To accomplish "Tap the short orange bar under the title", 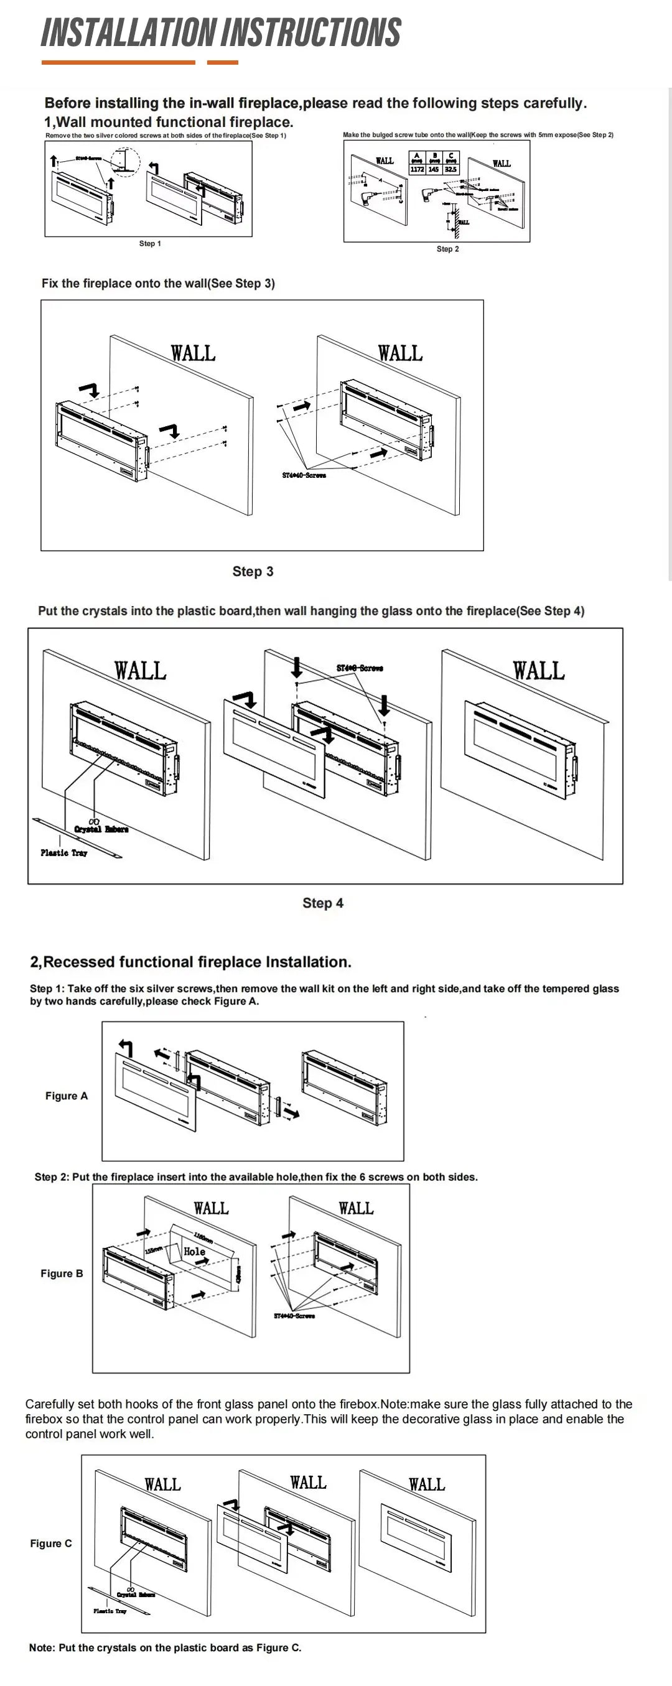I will (223, 63).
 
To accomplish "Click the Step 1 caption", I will (150, 243).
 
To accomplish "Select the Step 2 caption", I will (447, 249).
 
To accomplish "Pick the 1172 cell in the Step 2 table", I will (417, 169).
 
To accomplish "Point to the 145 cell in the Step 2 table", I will (433, 169).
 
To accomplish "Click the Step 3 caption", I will (253, 571).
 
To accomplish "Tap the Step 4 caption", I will (322, 903).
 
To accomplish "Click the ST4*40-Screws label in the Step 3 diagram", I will (304, 475).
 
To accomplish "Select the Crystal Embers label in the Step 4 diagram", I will (101, 829).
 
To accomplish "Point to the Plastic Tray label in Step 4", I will (63, 853).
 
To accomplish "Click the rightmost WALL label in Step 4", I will (538, 671).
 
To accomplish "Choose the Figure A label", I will (66, 1096).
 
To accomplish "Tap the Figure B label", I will (62, 1273).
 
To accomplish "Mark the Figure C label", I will (51, 1544).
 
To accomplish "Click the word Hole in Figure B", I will (194, 1251).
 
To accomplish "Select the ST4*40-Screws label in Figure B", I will (294, 1316).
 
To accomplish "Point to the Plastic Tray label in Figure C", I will (110, 1611).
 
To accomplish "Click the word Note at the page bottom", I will (41, 1647).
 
